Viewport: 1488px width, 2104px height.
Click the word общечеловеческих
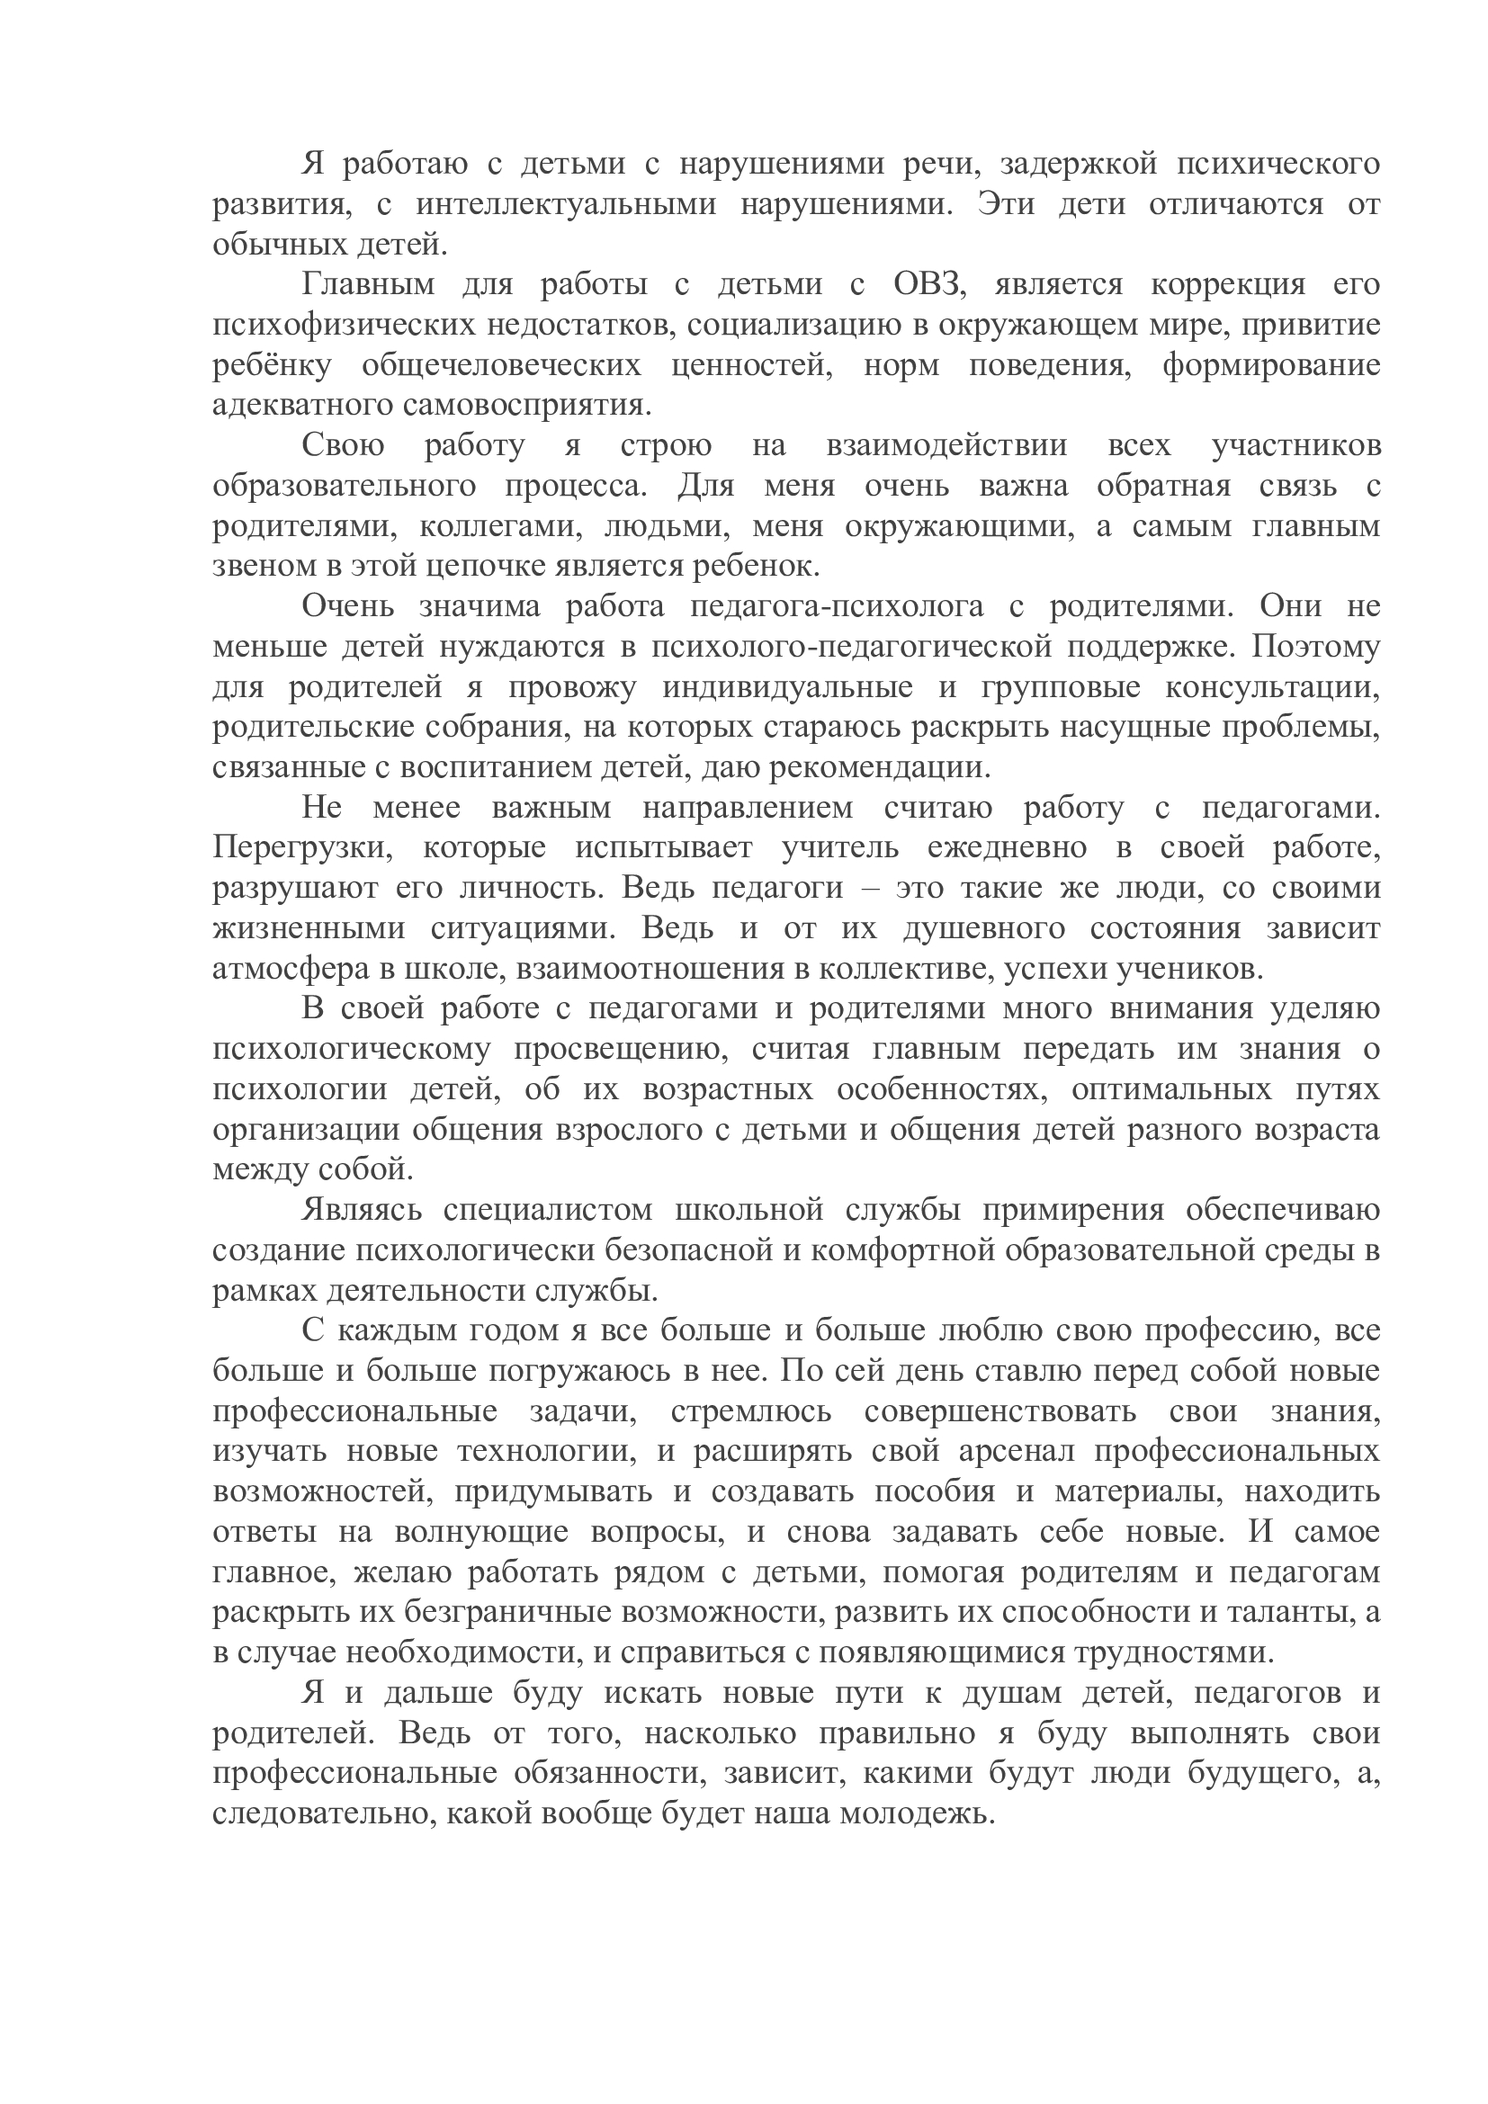click(501, 365)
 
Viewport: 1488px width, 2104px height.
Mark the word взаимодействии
click(946, 446)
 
